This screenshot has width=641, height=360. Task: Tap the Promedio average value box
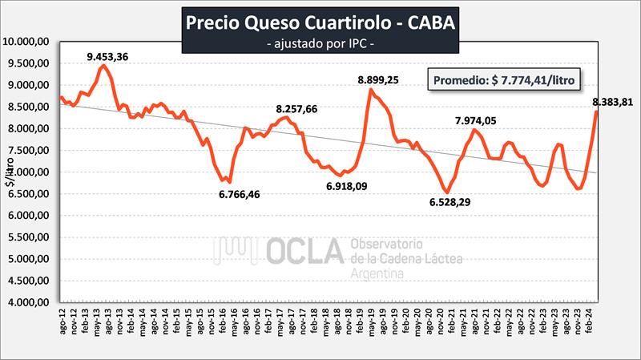(x=504, y=80)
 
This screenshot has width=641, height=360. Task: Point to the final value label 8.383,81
(x=613, y=101)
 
